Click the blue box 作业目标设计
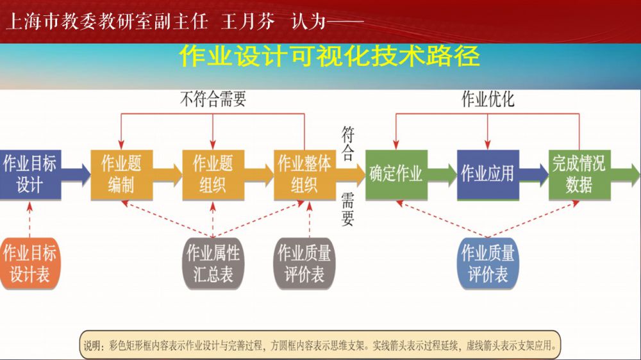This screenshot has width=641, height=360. click(29, 174)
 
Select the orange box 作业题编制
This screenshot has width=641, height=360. click(121, 174)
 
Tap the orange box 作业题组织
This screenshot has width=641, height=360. click(212, 174)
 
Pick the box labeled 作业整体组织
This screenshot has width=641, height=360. click(304, 174)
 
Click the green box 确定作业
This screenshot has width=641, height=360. click(395, 174)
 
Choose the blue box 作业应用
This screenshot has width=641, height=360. click(487, 174)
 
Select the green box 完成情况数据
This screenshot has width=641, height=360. click(579, 174)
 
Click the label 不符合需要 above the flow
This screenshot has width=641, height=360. click(212, 99)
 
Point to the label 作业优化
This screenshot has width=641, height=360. click(488, 99)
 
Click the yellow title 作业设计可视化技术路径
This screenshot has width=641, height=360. click(329, 56)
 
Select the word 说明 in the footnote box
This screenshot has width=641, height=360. click(94, 345)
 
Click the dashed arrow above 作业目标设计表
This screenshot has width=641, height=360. click(29, 218)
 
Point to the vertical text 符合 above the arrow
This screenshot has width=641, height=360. click(348, 142)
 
